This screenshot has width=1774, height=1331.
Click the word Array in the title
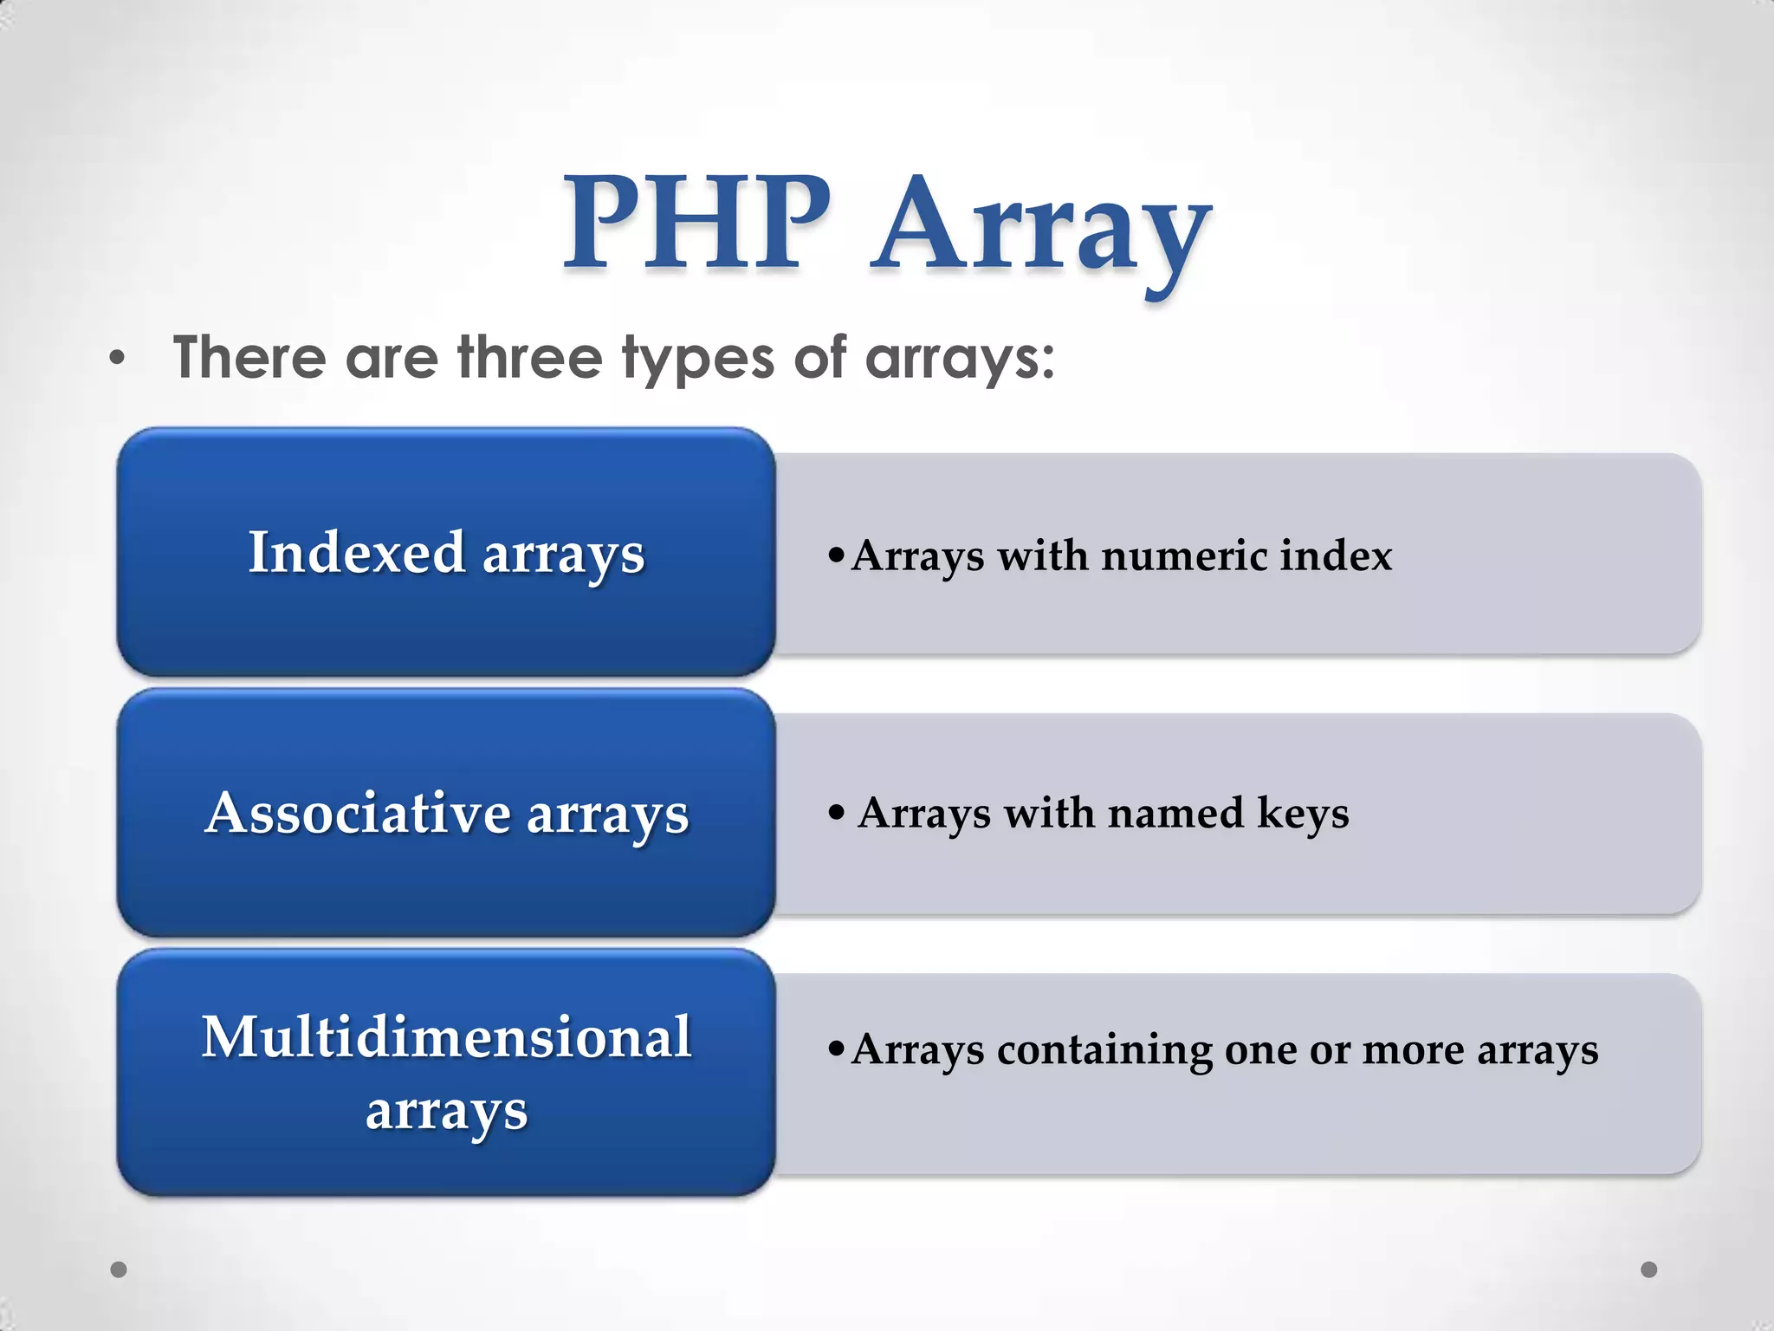1042,230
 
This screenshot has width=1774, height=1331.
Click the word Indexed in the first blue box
357,552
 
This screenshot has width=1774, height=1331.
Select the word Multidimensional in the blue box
446,1036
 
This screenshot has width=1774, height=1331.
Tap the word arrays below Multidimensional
446,1111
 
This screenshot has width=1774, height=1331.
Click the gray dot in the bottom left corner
120,1269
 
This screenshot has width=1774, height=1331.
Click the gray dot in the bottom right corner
1649,1269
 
